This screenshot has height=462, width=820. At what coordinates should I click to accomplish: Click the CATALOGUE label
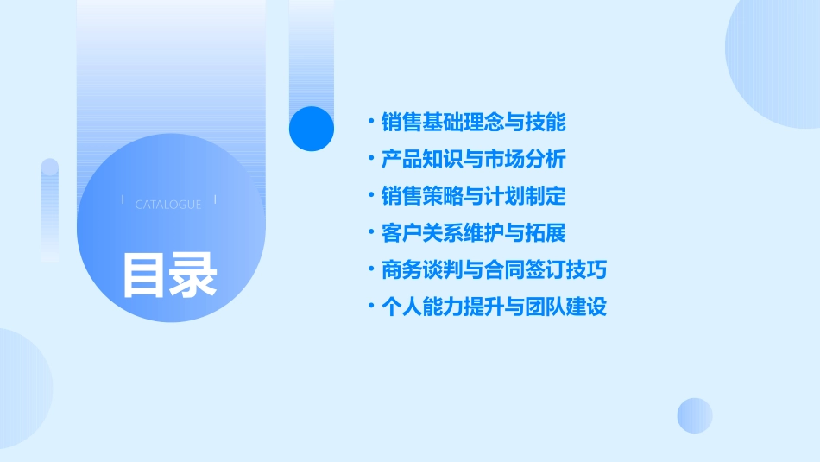click(168, 205)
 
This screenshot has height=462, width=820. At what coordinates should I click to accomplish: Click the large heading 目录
click(169, 274)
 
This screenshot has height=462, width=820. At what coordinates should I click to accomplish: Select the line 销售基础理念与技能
click(473, 123)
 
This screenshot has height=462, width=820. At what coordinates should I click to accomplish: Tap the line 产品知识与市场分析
click(473, 160)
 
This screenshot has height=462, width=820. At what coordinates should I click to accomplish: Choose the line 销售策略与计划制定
click(473, 196)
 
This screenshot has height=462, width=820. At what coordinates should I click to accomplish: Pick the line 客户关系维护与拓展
click(473, 233)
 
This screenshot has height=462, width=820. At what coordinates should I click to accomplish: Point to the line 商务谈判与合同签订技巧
click(494, 270)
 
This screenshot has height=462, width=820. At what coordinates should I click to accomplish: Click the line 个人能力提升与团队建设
click(494, 307)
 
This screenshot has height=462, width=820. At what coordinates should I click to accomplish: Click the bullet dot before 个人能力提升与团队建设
click(370, 307)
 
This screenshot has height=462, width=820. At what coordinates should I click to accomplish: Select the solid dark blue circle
click(312, 129)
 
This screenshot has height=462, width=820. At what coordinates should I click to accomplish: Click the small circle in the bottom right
click(695, 415)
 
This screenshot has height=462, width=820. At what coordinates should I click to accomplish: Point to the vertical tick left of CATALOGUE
click(123, 199)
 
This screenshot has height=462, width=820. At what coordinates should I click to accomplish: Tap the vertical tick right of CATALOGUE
click(215, 199)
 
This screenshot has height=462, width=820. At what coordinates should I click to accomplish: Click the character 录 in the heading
click(194, 274)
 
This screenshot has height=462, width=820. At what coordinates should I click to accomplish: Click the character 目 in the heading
click(144, 274)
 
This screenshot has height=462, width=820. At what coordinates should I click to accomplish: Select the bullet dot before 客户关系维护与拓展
click(370, 233)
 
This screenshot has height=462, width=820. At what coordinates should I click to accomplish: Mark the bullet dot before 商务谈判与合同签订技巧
click(370, 270)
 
